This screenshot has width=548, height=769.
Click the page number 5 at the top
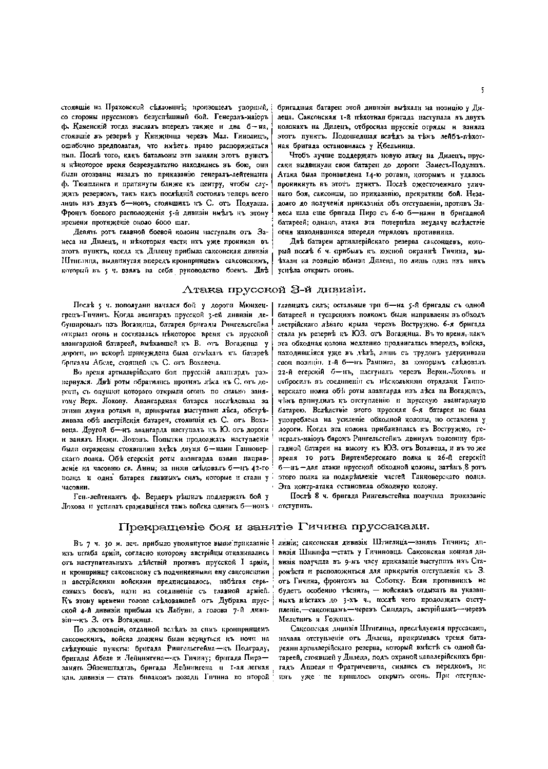click(482, 90)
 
